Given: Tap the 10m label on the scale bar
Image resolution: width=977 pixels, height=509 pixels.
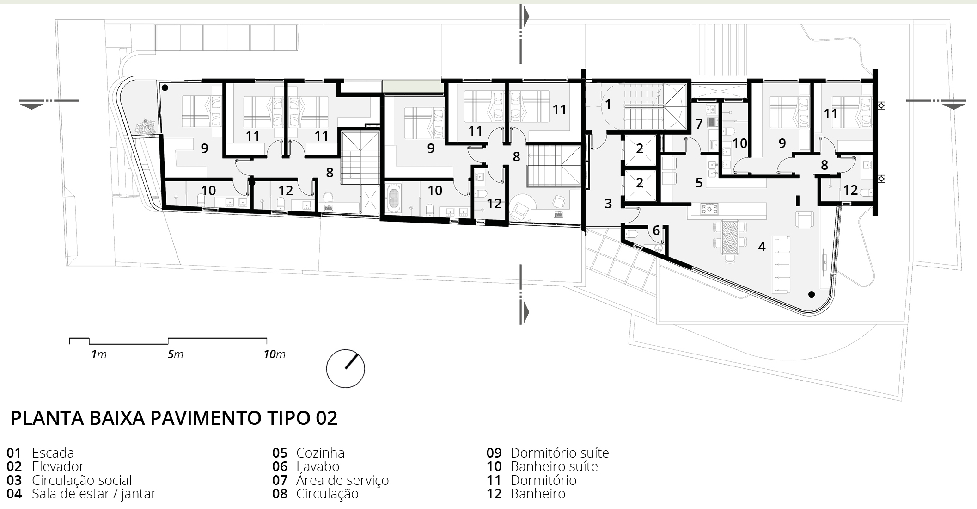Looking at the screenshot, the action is pos(275,354).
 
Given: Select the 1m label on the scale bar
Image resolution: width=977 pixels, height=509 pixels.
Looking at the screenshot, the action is pos(99,354).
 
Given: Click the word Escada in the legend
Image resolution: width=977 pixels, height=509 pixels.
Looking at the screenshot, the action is pos(53,453).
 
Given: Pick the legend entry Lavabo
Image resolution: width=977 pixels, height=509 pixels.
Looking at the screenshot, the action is pos(318,466).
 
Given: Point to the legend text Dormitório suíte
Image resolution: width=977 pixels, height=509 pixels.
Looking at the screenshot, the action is pos(560,453).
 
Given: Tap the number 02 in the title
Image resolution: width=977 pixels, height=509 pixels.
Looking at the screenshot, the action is pos(326,418).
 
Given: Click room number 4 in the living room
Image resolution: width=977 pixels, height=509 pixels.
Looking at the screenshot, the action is pos(762,247).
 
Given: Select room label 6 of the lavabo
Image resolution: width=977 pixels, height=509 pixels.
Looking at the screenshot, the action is pos(656,230).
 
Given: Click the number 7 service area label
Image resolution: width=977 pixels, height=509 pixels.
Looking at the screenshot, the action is pos(699,124).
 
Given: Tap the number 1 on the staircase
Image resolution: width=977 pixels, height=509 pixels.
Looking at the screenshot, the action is pos(608,105).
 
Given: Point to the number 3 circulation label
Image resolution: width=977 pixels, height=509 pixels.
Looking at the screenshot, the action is pos(608,203).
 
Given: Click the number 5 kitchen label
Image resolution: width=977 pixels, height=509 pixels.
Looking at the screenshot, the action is pos(699,183).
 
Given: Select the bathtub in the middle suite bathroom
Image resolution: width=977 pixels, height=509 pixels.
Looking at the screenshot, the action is pos(393,199).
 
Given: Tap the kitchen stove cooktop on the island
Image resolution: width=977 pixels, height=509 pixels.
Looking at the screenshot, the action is pos(709,209).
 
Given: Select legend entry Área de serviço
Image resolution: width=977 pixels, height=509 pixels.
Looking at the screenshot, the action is pos(342,480).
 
